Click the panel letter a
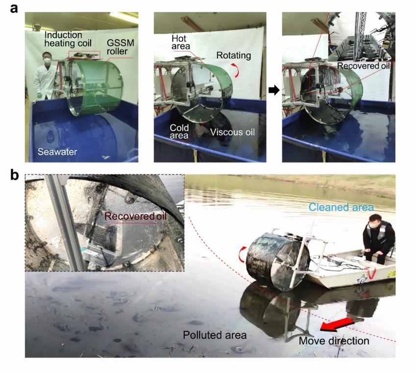coord(14,8)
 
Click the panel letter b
coord(14,175)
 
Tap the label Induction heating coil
coord(68,39)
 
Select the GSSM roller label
coord(121,47)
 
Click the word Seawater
coord(57,152)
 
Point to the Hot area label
coord(181,42)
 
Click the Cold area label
coord(179,132)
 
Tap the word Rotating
coord(233,55)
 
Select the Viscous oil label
coord(232,132)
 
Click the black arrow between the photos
coord(274,90)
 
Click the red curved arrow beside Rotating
coord(236,70)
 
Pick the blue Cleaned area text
coord(341,207)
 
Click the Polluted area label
coord(215,335)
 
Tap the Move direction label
coord(334,341)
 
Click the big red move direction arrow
coord(337,325)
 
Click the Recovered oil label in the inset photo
coord(135,216)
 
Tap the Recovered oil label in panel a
coord(364,66)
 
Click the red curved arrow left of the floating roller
coord(242,254)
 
